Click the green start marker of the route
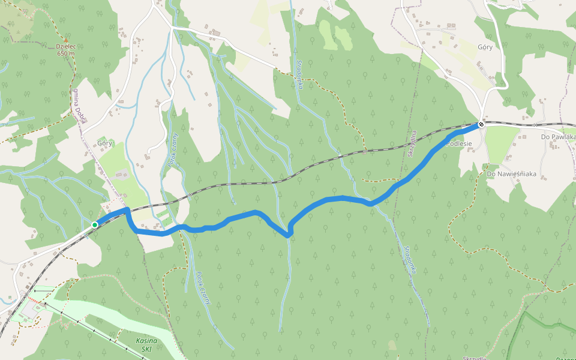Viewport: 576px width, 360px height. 95,225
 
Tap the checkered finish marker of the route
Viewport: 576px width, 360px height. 481,125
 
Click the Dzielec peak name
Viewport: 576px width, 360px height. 66,46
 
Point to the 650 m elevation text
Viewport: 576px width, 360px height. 67,53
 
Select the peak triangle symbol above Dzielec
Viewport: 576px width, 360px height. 66,40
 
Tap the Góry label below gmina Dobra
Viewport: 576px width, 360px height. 104,143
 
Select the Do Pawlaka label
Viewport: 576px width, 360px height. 558,137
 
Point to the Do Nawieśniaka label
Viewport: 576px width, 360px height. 511,174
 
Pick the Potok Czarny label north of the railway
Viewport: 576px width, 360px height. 171,149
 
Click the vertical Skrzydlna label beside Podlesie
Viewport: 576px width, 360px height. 412,143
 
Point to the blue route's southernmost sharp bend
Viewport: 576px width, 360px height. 289,235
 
